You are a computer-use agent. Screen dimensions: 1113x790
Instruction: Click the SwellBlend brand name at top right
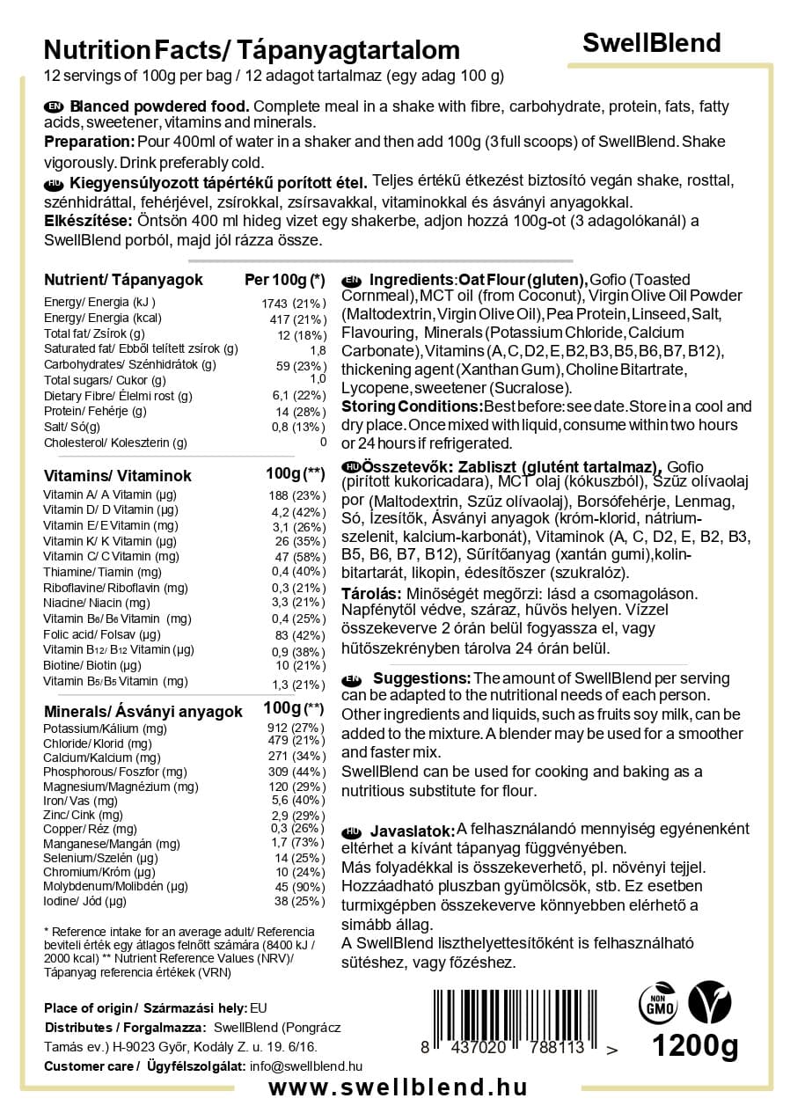652,43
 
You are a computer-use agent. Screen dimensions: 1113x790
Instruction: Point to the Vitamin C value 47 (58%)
296,557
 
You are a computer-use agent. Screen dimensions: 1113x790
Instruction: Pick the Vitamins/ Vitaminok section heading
118,476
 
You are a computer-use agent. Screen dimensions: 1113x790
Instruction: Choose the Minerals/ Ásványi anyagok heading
143,712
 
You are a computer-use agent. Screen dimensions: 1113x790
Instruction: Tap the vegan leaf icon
709,1002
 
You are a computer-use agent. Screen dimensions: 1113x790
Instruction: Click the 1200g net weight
694,1047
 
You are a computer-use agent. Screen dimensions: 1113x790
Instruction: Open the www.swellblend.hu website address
398,1087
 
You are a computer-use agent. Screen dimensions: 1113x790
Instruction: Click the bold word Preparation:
88,142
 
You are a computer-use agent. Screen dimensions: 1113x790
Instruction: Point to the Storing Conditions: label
412,406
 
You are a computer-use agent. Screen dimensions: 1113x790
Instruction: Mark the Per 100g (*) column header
284,280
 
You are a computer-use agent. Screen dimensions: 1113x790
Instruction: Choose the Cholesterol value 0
323,443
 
